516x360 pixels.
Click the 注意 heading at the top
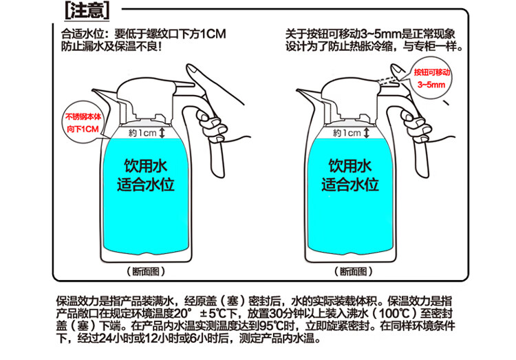pyautogui.click(x=87, y=10)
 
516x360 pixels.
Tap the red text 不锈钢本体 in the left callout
pyautogui.click(x=83, y=117)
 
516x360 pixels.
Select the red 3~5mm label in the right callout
pyautogui.click(x=431, y=85)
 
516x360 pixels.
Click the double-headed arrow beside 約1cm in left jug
pyautogui.click(x=162, y=133)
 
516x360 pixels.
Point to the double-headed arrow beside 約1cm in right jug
pyautogui.click(x=367, y=133)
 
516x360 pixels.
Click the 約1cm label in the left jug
pyautogui.click(x=142, y=133)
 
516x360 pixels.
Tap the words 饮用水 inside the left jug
pyautogui.click(x=146, y=166)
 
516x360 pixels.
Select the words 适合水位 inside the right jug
pyautogui.click(x=350, y=184)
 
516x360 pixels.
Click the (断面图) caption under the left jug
pyautogui.click(x=146, y=271)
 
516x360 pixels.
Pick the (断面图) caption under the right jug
pyautogui.click(x=354, y=271)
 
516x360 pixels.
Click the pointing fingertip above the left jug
pyautogui.click(x=193, y=70)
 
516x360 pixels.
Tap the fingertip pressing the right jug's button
pyautogui.click(x=397, y=70)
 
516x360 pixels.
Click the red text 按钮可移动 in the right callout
pyautogui.click(x=432, y=72)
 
